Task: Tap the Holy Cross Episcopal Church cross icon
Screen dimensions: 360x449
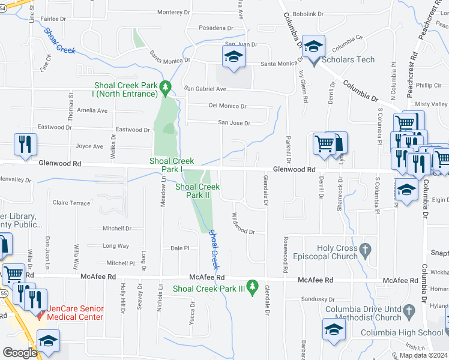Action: tap(364, 249)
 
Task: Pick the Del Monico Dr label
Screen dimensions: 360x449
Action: tap(228, 106)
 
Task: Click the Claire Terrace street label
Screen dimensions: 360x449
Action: tap(71, 203)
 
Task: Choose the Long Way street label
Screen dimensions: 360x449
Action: tap(116, 246)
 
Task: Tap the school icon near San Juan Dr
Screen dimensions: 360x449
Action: tap(233, 58)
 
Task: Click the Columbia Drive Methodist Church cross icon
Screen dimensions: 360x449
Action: tap(409, 311)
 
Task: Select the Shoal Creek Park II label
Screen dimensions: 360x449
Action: tap(198, 191)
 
